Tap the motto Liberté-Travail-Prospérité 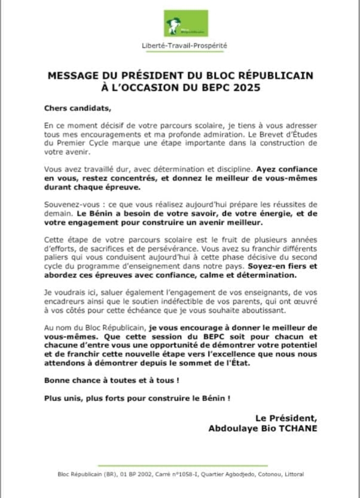(x=183, y=45)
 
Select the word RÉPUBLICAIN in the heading (x=277, y=76)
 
